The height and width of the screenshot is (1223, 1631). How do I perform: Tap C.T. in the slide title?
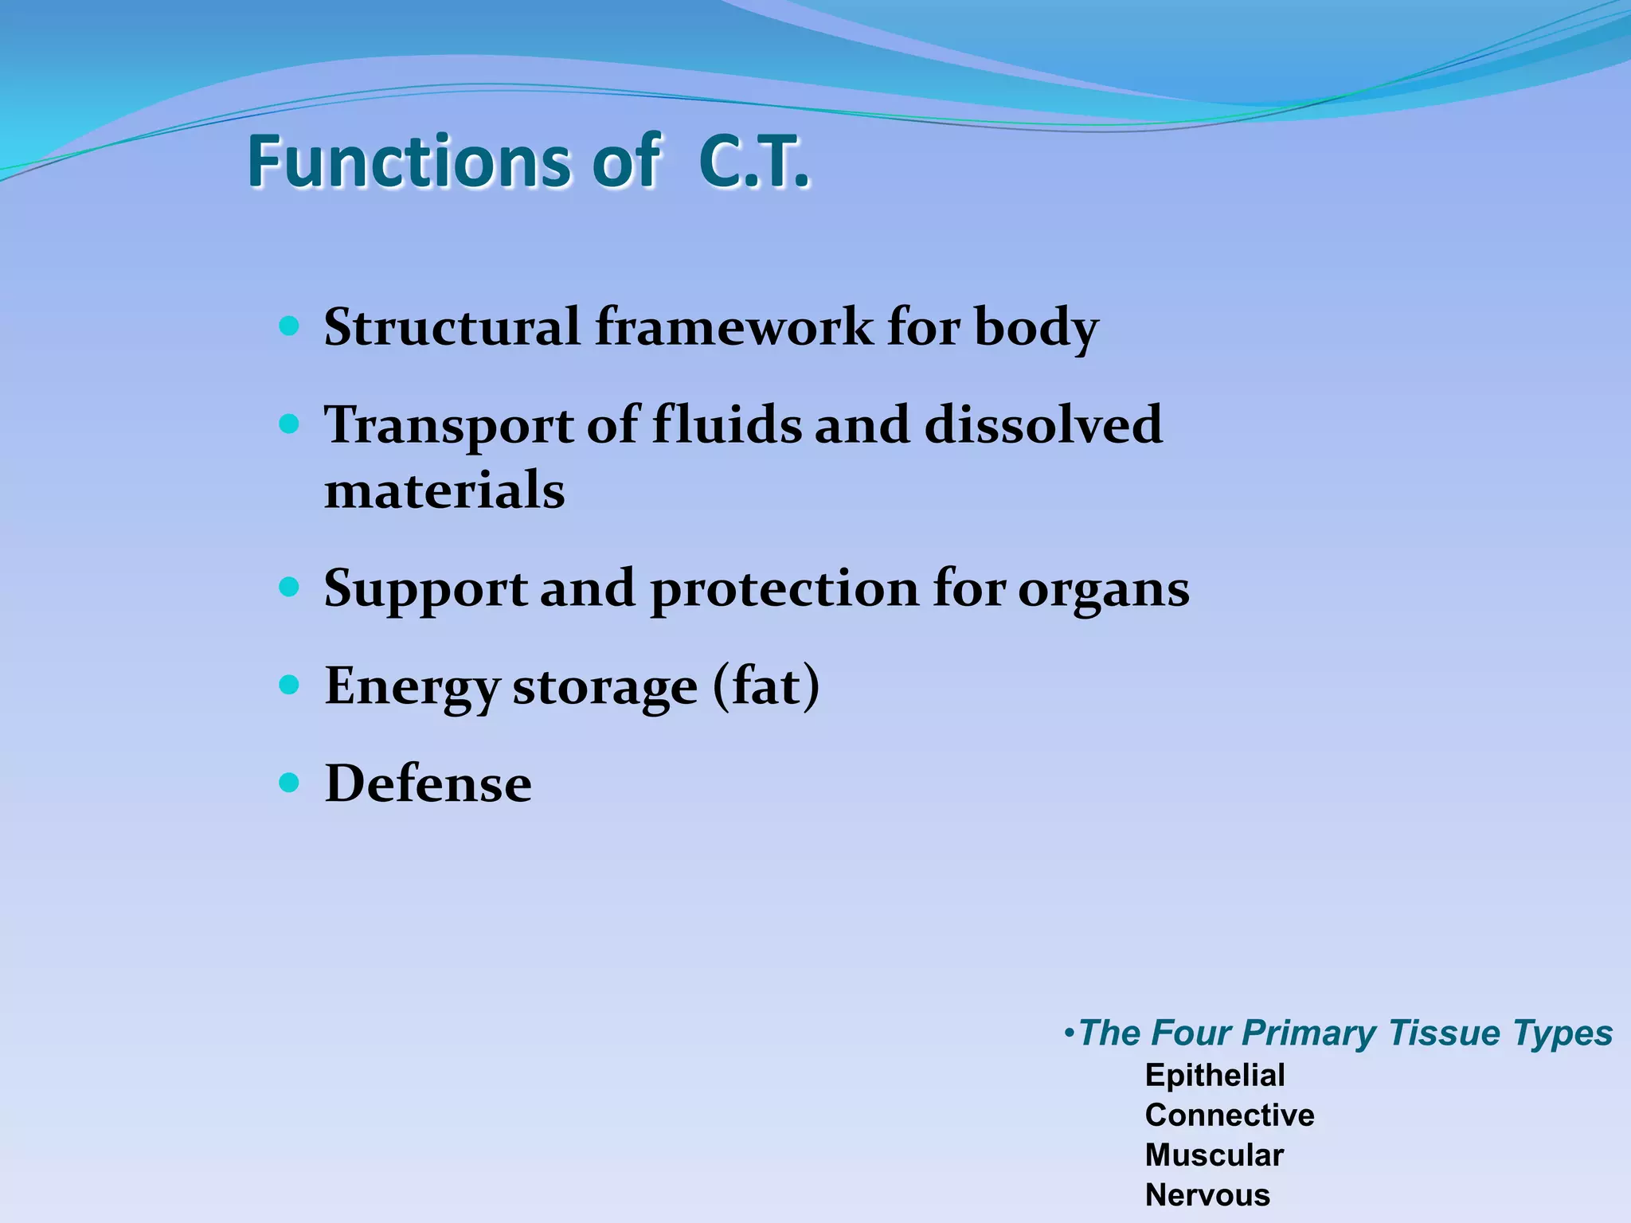(753, 162)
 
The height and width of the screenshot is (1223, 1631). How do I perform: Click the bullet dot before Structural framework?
(290, 326)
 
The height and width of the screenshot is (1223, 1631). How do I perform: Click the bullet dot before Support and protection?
(290, 588)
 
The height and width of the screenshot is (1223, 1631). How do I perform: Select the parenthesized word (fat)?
(765, 686)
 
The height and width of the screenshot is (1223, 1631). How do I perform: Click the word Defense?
(428, 783)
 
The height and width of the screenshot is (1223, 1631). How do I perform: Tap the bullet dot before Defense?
(290, 783)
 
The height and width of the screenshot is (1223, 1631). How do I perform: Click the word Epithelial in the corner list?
(1214, 1076)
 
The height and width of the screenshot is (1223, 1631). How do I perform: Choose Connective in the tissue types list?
(1229, 1116)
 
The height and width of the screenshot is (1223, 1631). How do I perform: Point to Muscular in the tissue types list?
(1214, 1155)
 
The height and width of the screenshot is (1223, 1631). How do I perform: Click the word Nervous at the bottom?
(1207, 1195)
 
